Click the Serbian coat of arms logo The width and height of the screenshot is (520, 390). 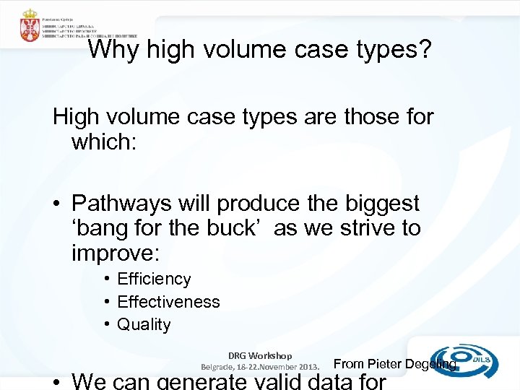(x=30, y=26)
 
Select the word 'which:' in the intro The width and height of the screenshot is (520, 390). (x=102, y=141)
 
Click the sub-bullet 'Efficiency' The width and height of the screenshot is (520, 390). (x=154, y=279)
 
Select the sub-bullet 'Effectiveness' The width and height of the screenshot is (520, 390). (x=168, y=302)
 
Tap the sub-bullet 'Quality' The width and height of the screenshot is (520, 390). (x=144, y=325)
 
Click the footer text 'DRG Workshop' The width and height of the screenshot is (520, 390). (x=260, y=355)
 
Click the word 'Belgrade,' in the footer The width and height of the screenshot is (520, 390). (x=219, y=365)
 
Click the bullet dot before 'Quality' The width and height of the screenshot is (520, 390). (x=106, y=325)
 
